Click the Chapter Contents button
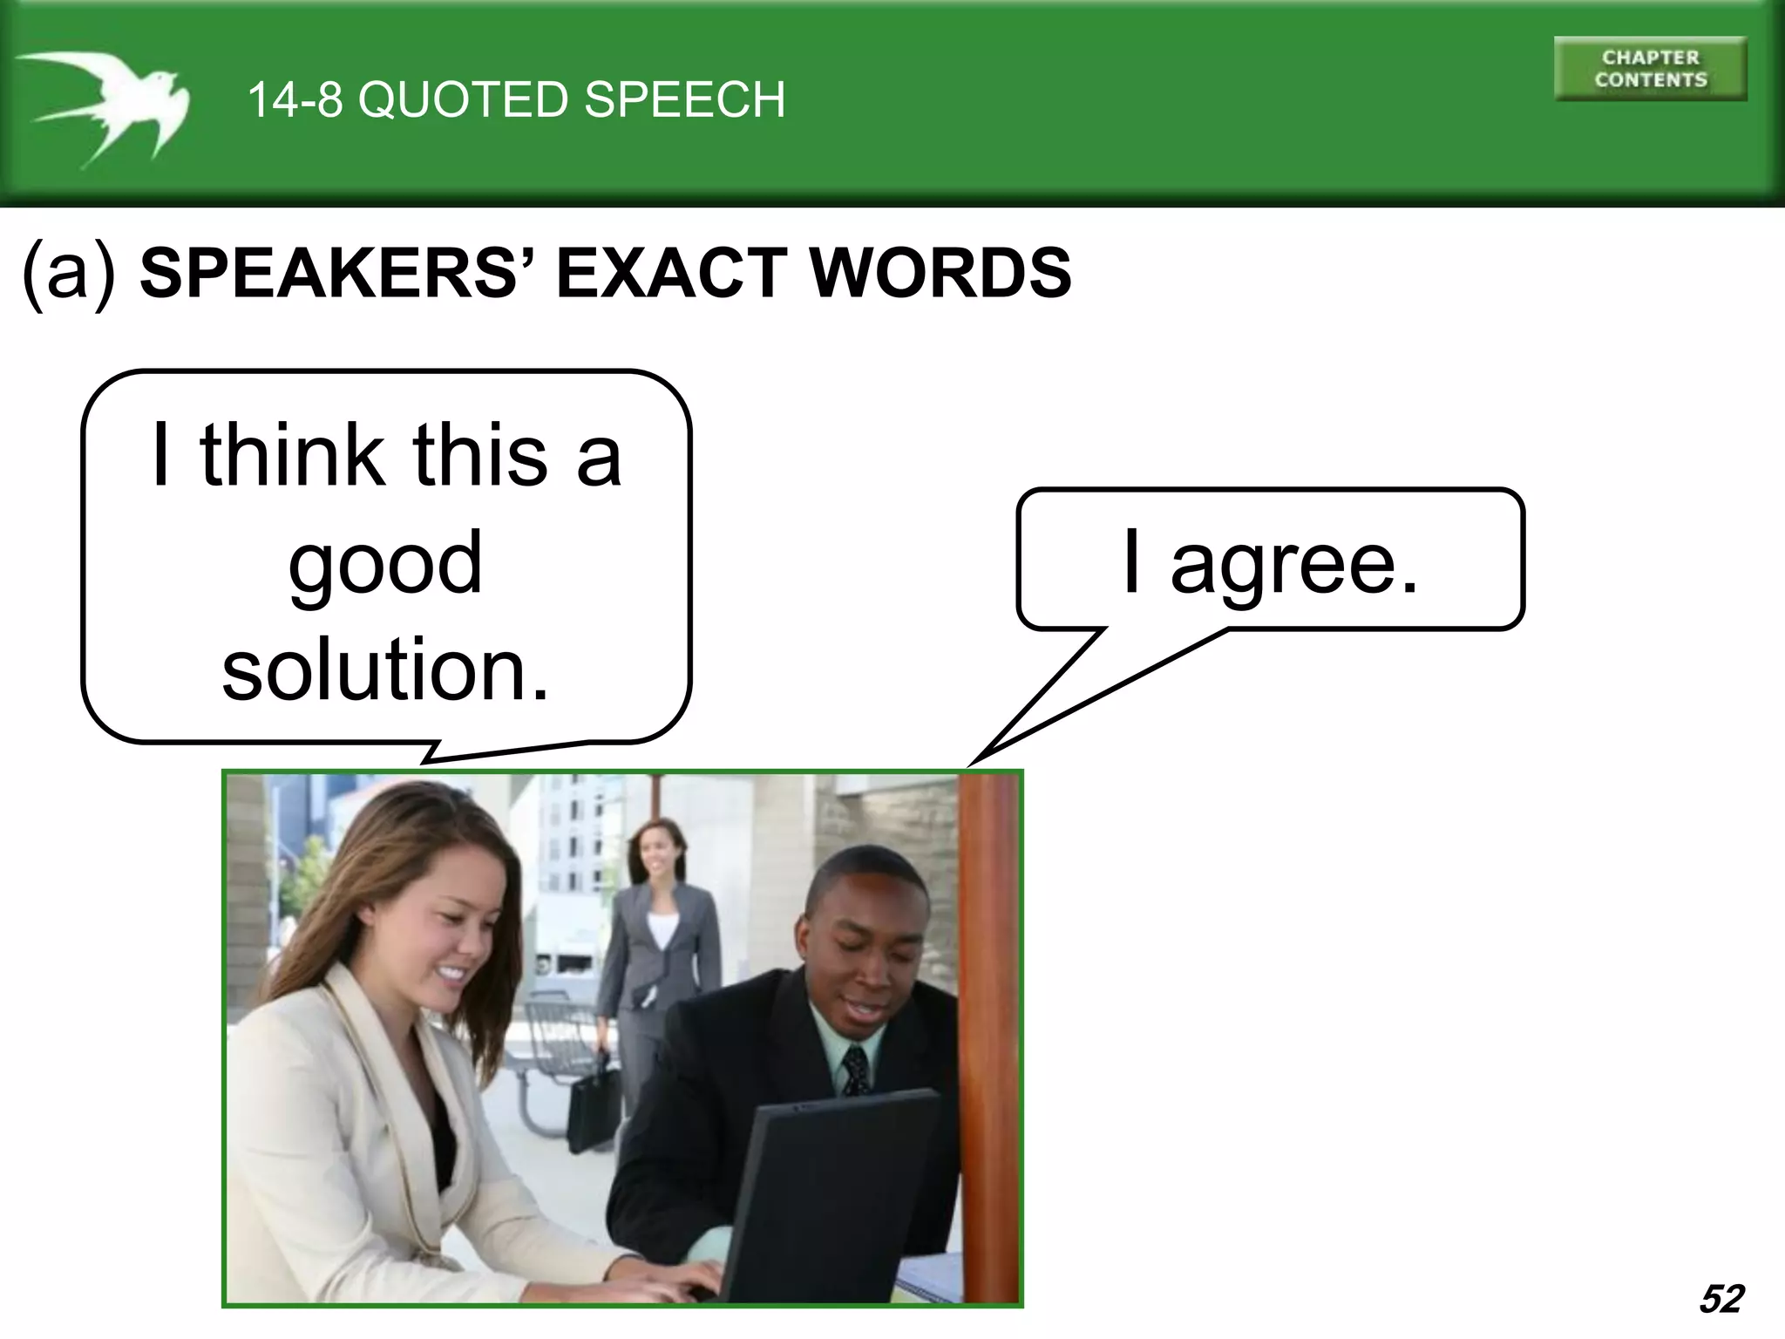pyautogui.click(x=1650, y=69)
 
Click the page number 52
pyautogui.click(x=1721, y=1299)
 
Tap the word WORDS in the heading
pyautogui.click(x=940, y=274)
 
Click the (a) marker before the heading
pyautogui.click(x=70, y=274)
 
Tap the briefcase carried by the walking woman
pyautogui.click(x=593, y=1103)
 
